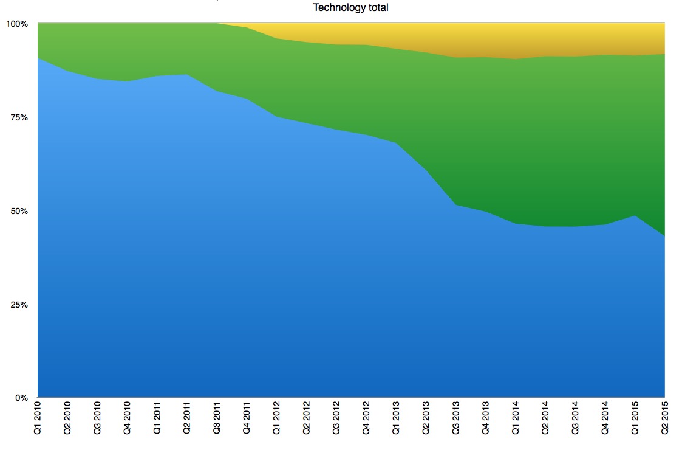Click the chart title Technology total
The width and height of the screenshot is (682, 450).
(x=350, y=7)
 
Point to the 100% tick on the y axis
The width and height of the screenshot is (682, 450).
(x=16, y=24)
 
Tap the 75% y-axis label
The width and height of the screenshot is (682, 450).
(x=18, y=117)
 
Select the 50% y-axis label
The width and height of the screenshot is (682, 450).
(x=18, y=211)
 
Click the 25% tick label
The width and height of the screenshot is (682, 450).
(x=18, y=305)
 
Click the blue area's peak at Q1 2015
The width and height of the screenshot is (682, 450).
(x=635, y=216)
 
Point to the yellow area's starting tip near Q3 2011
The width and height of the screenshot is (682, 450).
(x=217, y=24)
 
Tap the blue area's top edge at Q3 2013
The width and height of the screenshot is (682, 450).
(x=455, y=205)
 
